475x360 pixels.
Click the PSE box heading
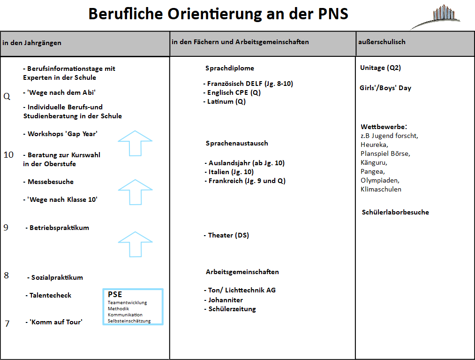[x=115, y=294]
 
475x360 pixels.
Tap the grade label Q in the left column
[x=7, y=97]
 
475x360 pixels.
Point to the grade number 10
[x=8, y=154]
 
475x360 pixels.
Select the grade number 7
[x=7, y=323]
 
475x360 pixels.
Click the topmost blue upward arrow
[x=135, y=143]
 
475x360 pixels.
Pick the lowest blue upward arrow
[x=135, y=244]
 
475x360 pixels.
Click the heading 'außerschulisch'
[x=382, y=42]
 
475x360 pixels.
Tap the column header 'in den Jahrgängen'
[x=32, y=43]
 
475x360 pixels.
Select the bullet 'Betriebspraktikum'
[x=59, y=228]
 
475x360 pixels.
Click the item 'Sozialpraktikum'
[x=57, y=277]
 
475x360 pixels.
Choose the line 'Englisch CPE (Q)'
[x=234, y=92]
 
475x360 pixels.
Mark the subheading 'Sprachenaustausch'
[x=237, y=143]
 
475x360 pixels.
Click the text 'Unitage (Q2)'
[x=380, y=68]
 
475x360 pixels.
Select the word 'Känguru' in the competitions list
[x=374, y=162]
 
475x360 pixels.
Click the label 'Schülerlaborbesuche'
[x=395, y=212]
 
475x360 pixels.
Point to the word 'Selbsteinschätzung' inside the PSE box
[x=129, y=321]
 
